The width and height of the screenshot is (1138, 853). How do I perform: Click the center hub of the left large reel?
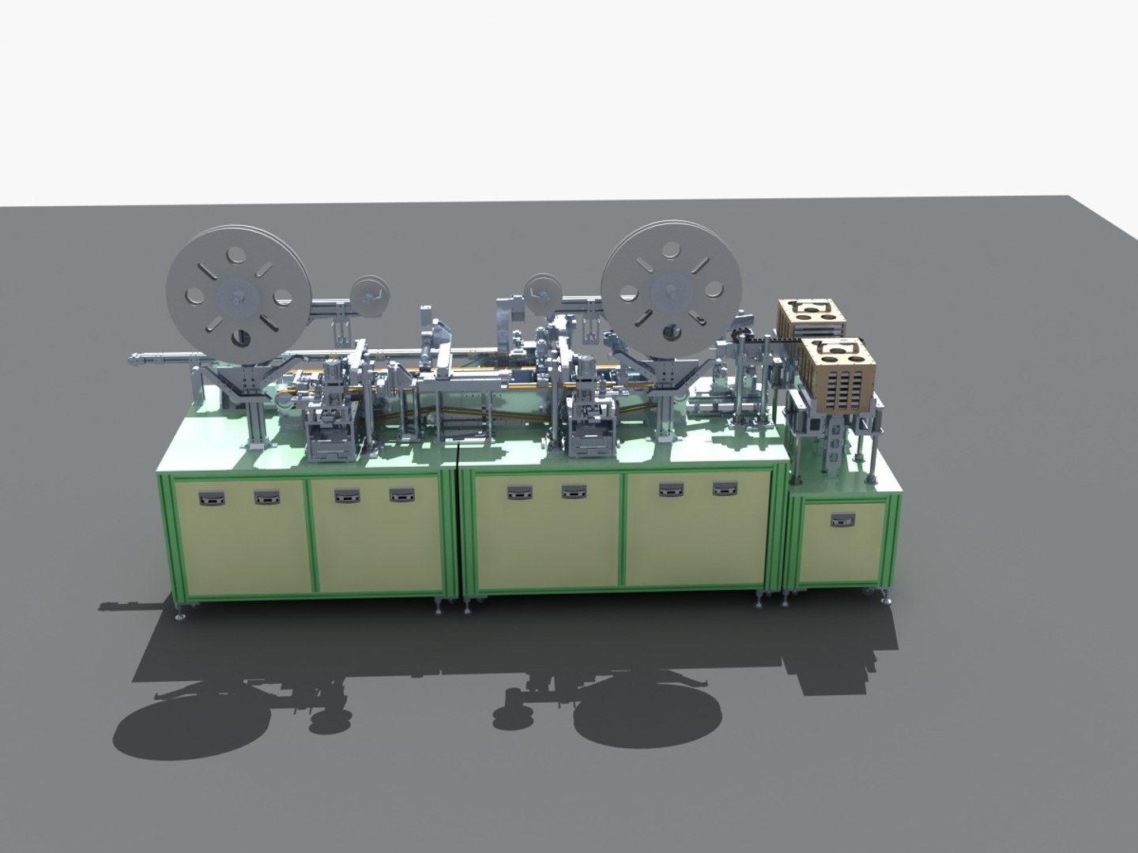(x=235, y=296)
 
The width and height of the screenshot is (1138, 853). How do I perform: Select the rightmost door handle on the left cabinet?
(x=401, y=496)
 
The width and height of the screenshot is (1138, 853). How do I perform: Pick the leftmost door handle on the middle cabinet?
(x=518, y=494)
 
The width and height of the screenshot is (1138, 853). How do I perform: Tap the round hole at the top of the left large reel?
(x=234, y=255)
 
